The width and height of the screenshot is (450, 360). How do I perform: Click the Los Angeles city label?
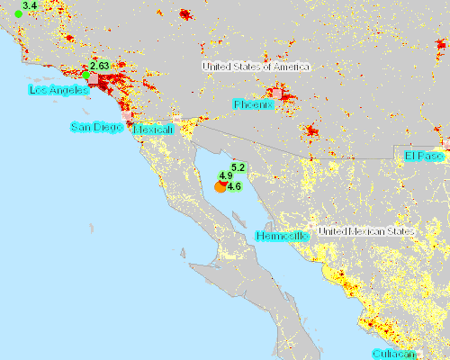point(58,91)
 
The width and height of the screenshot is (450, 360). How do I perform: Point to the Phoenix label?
point(253,105)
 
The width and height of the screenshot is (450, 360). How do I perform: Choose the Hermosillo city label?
point(283,236)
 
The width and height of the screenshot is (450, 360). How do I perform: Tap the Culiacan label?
point(396,355)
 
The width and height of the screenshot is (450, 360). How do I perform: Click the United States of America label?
point(256,67)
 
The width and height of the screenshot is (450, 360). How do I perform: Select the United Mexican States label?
point(361,231)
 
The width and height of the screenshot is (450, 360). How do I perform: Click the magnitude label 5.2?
point(238,167)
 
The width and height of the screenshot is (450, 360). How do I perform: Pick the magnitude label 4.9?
point(226,176)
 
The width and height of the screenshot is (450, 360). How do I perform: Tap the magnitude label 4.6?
point(234,186)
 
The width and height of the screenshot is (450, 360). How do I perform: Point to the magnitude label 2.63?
point(99,66)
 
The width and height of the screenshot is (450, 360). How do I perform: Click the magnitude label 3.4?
point(29,5)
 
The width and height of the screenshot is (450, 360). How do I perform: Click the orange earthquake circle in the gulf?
point(220,186)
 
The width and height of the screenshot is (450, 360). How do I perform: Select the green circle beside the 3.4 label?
point(18,13)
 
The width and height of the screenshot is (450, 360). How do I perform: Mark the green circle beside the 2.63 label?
point(87,74)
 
